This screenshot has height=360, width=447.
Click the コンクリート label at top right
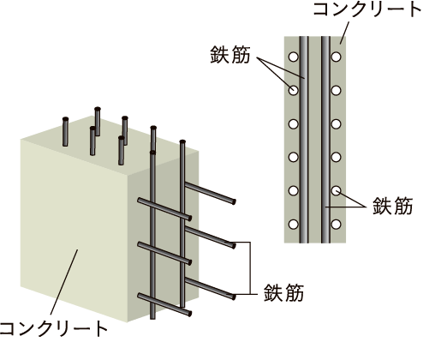367,9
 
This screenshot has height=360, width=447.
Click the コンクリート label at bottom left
53,328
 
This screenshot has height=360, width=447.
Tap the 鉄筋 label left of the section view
230,54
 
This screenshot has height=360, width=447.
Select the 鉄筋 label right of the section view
392,206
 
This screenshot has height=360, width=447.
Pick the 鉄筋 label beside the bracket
283,292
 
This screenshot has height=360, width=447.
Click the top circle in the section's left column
294,57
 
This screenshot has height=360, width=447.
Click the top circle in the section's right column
337,57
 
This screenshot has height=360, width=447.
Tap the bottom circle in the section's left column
294,225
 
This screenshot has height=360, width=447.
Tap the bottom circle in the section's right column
337,225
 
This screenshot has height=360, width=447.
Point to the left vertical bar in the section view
304,140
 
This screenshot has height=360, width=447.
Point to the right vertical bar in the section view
325,140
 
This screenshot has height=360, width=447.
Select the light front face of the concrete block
74,229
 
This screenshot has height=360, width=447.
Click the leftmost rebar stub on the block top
65,132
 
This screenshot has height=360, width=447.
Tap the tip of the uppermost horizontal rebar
234,201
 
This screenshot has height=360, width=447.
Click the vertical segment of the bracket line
250,268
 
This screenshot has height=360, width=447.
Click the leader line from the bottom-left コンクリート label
64,282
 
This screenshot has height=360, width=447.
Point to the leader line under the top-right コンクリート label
344,33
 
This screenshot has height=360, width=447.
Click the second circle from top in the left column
294,90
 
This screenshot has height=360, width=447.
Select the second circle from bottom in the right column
337,190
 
